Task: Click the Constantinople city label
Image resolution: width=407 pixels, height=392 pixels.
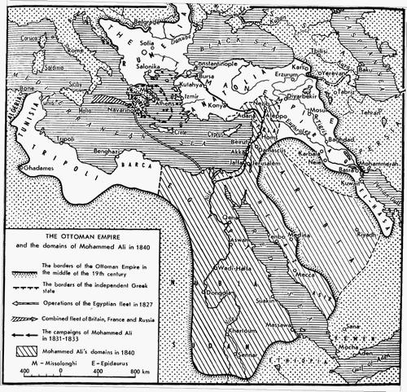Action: (214, 64)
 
